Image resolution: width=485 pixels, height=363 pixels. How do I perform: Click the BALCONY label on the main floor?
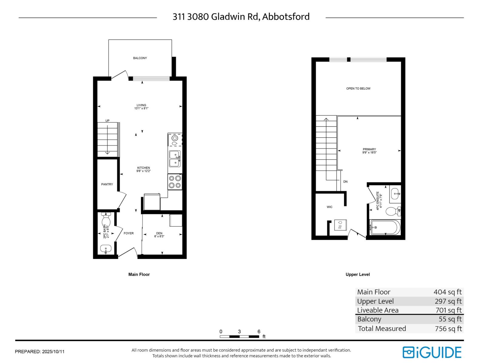[140, 58]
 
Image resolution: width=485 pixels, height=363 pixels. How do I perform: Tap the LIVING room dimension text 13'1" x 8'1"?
[141, 108]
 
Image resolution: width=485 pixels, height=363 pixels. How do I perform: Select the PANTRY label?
[107, 184]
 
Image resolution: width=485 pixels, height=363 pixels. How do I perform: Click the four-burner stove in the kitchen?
[175, 182]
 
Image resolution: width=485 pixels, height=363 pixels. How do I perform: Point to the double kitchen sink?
[175, 159]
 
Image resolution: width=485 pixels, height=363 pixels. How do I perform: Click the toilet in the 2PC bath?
[106, 221]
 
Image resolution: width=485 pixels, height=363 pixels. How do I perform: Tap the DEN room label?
[159, 233]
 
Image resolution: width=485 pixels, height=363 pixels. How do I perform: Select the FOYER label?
[129, 233]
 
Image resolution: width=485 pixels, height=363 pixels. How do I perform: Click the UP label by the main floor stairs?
[107, 121]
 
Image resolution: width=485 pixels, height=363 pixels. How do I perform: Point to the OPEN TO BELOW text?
[358, 89]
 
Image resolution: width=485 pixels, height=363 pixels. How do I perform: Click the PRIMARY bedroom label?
[369, 149]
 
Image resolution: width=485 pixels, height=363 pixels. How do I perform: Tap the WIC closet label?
[329, 207]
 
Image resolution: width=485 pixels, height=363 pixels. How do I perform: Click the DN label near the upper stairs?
[345, 182]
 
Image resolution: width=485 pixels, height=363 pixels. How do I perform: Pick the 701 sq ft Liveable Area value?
[448, 310]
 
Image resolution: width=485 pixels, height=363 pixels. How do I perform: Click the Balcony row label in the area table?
[369, 319]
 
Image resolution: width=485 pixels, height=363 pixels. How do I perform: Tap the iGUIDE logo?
[432, 352]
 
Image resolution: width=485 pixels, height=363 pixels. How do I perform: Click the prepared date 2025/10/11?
[53, 352]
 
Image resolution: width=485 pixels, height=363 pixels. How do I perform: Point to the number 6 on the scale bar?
[259, 332]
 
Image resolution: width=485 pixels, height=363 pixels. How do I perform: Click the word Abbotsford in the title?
[286, 17]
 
